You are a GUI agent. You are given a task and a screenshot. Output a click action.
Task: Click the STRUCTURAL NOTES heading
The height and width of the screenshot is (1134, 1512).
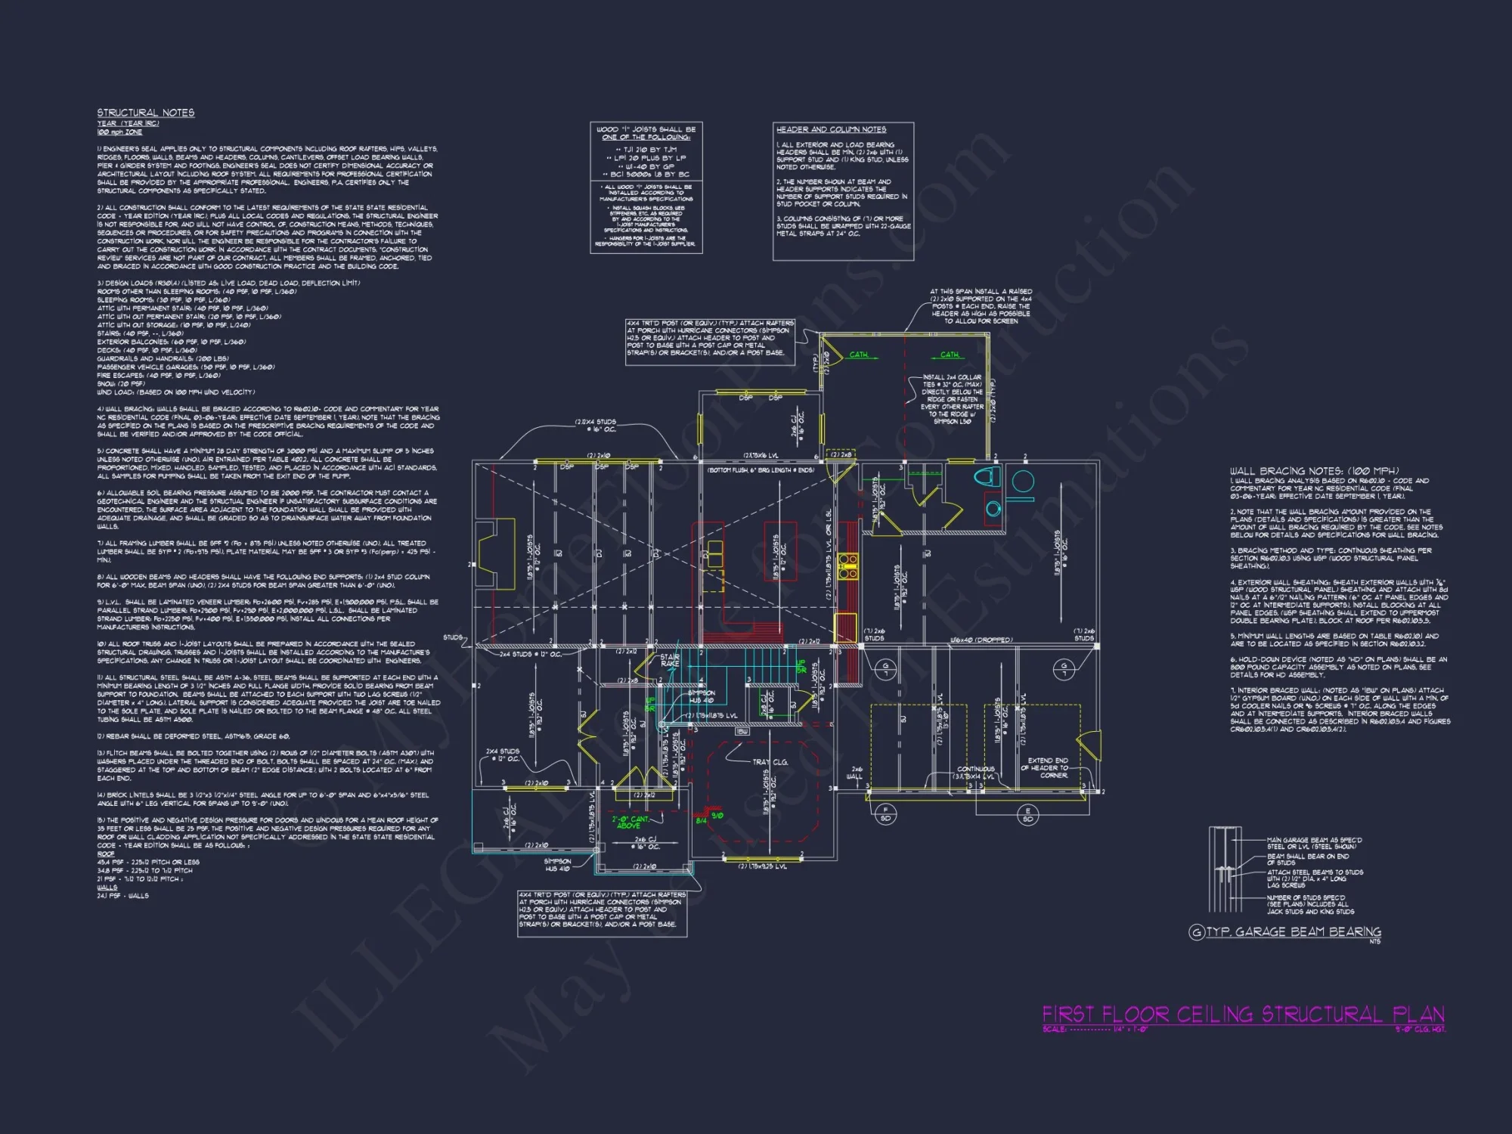[x=145, y=113]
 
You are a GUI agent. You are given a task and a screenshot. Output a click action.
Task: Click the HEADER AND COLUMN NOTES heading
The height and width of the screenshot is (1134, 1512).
[x=831, y=129]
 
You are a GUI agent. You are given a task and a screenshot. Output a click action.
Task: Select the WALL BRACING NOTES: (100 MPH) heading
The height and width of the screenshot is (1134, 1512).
[x=1314, y=470]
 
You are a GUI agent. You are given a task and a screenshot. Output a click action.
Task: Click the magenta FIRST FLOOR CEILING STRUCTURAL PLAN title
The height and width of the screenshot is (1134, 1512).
[x=1243, y=1014]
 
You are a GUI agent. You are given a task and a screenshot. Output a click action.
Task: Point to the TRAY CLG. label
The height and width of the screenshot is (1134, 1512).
[x=770, y=762]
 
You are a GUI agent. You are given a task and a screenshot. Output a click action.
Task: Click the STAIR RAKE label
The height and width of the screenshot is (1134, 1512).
[x=669, y=660]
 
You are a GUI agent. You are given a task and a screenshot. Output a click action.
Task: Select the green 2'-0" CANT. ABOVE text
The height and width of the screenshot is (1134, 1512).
[x=630, y=823]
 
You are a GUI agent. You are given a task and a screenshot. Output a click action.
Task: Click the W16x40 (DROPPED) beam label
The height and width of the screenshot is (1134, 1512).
[x=981, y=640]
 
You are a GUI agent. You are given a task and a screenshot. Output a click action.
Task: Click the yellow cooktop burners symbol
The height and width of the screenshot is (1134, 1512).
[x=847, y=565]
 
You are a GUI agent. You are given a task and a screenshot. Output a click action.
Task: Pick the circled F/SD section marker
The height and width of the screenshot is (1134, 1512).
[x=885, y=814]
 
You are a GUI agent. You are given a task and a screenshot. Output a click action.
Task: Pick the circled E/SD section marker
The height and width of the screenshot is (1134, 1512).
[x=1027, y=815]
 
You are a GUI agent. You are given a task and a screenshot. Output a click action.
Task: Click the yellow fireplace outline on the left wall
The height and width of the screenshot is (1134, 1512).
[x=495, y=545]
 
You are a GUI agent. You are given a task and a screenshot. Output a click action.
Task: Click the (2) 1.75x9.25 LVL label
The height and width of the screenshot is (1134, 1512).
[x=762, y=866]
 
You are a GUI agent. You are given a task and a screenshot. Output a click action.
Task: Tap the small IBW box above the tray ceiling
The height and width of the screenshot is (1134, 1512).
[x=742, y=732]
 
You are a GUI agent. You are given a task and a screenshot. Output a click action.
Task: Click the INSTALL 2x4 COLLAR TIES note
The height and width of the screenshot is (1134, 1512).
[x=952, y=399]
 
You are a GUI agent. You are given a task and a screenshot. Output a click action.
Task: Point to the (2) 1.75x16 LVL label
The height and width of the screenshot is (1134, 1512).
[x=761, y=456]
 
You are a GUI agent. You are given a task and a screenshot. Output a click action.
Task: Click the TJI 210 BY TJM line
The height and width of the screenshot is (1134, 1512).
[x=646, y=150]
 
